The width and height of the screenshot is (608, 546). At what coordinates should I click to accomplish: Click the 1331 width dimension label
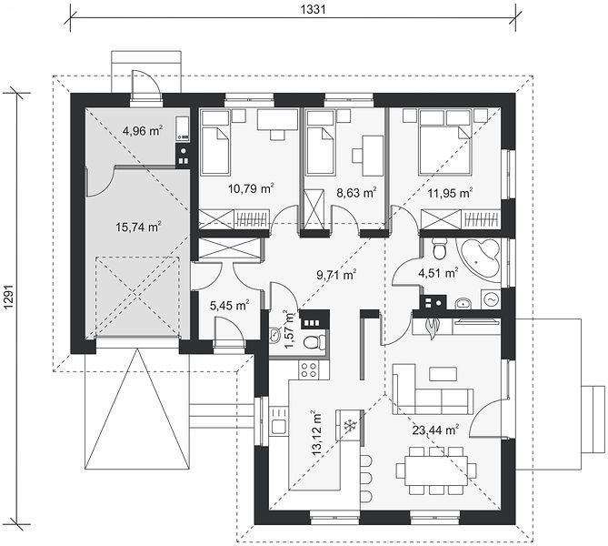[314, 9]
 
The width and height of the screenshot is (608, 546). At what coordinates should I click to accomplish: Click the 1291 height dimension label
[9, 298]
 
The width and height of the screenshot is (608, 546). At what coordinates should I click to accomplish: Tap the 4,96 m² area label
[143, 131]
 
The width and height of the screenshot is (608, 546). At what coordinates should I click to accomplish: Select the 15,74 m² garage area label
[138, 227]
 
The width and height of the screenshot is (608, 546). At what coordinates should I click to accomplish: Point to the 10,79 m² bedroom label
[251, 189]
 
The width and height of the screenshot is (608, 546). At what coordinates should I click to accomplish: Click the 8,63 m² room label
[356, 192]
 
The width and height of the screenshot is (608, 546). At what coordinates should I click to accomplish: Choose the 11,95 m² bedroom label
[450, 193]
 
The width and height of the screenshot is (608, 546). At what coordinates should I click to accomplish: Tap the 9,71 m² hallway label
[336, 275]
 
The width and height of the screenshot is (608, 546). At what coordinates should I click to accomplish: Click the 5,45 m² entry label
[229, 306]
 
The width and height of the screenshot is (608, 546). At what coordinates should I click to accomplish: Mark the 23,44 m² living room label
[435, 430]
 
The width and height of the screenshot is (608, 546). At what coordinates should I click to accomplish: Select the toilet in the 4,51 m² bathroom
[439, 248]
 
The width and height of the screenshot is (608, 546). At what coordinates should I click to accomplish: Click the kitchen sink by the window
[279, 420]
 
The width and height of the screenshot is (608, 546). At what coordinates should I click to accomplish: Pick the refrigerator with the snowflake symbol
[350, 425]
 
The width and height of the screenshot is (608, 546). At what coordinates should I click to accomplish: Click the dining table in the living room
[436, 470]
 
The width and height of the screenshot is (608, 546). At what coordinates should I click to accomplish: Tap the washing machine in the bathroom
[491, 299]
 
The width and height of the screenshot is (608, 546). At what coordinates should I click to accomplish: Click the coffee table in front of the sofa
[443, 374]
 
